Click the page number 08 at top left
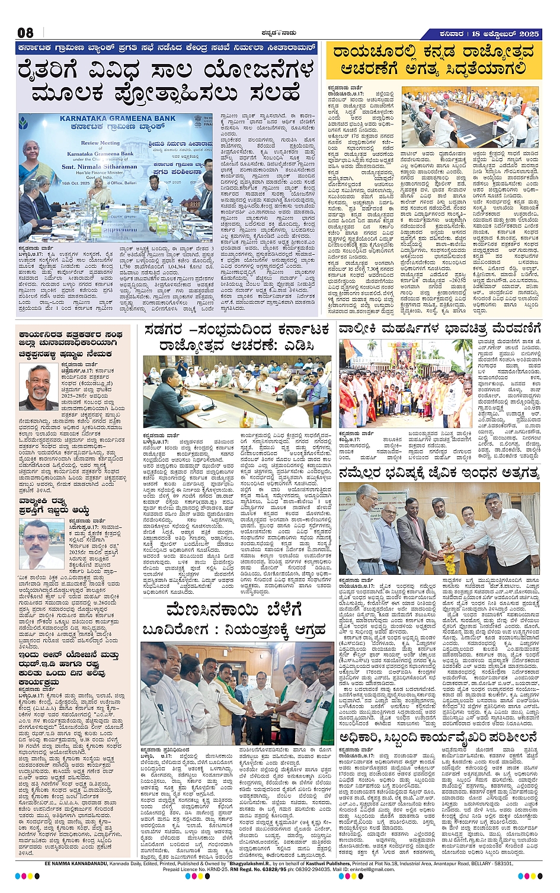coord(25,33)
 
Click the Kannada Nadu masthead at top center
coord(280,33)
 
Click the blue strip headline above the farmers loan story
coord(167,49)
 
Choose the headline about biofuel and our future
coord(439,472)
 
